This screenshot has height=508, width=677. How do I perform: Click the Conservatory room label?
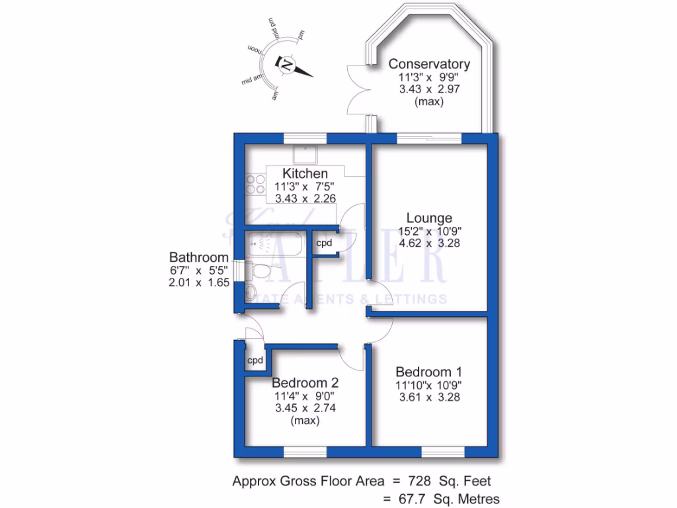pyautogui.click(x=429, y=64)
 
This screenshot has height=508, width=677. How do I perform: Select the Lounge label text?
pyautogui.click(x=429, y=218)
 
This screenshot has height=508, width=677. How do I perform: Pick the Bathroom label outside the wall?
pyautogui.click(x=199, y=257)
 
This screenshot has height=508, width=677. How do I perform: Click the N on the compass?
pyautogui.click(x=288, y=64)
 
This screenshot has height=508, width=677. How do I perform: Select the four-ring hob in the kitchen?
pyautogui.click(x=254, y=185)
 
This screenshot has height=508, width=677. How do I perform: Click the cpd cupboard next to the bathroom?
pyautogui.click(x=324, y=243)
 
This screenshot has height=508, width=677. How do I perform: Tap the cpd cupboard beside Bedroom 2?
pyautogui.click(x=255, y=360)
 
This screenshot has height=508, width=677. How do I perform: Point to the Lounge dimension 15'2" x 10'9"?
pyautogui.click(x=429, y=231)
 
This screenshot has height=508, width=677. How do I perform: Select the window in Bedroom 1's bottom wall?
pyautogui.click(x=441, y=452)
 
